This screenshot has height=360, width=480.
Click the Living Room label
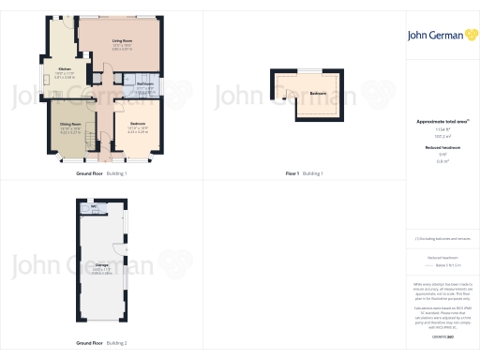click(122, 41)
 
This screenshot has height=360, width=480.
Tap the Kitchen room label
click(65, 69)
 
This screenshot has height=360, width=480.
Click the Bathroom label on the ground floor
click(144, 84)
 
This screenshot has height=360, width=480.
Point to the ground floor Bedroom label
click(136, 125)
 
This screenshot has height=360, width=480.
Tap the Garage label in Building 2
click(100, 265)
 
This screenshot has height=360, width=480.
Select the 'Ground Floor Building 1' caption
click(101, 173)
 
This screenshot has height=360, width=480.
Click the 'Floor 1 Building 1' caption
click(304, 173)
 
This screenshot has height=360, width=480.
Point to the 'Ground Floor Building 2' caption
click(101, 343)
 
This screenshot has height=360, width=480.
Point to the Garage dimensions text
click(100, 272)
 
